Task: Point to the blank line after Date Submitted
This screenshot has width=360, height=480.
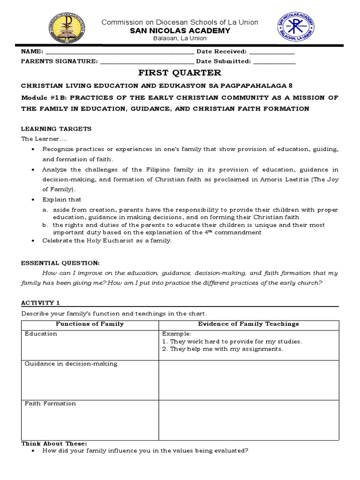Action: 274,61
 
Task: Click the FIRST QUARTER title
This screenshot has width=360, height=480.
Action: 180,73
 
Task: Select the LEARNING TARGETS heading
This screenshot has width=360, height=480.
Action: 56,129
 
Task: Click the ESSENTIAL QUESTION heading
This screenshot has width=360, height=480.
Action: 60,263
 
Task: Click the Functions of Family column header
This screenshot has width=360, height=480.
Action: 90,324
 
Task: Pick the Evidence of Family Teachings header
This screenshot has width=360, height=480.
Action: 248,324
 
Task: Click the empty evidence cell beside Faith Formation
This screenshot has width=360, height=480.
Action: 248,420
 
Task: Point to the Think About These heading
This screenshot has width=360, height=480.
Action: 54,443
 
